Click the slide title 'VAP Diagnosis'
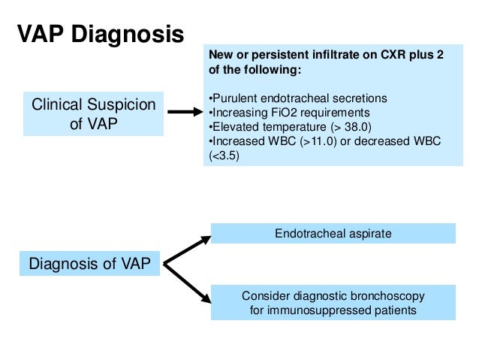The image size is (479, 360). coord(99,34)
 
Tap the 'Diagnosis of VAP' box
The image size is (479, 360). coord(89,263)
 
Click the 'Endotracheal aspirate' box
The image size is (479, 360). coord(333,234)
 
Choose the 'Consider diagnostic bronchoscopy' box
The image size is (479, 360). coord(333,303)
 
